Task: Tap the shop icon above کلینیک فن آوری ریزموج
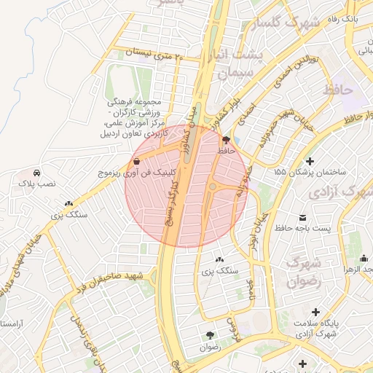pos(137,161)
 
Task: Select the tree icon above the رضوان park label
pos(211,335)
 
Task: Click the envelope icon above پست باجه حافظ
pos(303,217)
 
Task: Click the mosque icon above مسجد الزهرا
pos(364,258)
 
